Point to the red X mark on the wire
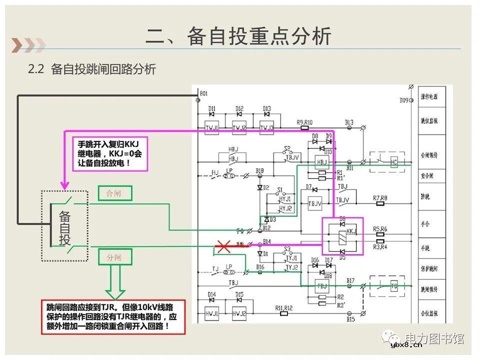click(x=222, y=246)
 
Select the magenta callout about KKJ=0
click(x=110, y=153)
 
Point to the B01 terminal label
click(x=203, y=93)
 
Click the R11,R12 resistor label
click(x=284, y=307)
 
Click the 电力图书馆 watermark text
click(x=434, y=338)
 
